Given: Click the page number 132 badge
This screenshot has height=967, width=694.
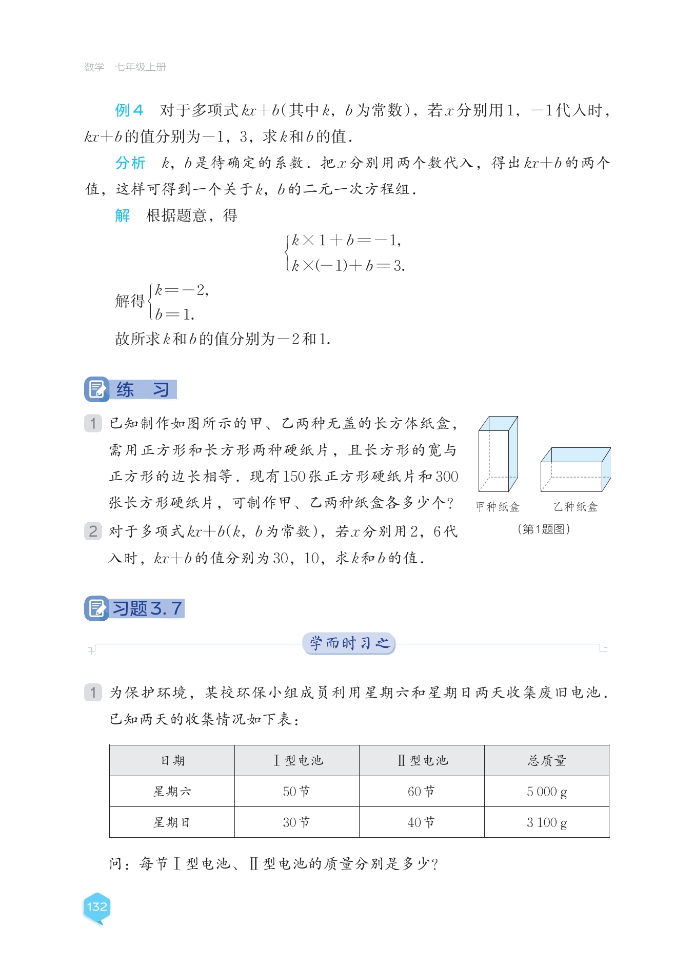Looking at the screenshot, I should [97, 907].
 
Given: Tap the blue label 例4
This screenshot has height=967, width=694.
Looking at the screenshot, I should [129, 110].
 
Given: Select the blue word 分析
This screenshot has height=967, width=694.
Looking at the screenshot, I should [130, 163].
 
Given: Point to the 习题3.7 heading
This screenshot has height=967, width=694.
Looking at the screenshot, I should [147, 608].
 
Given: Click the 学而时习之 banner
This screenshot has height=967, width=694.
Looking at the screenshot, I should [349, 643].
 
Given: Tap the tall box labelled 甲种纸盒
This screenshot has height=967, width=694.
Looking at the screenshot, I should [498, 454].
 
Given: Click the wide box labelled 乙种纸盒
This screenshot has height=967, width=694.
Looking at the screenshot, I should [575, 470].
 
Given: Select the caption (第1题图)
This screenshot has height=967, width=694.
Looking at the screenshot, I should [544, 529].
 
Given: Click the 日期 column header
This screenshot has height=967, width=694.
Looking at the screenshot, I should [172, 760].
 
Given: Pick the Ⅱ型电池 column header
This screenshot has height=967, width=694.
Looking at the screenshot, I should [422, 760].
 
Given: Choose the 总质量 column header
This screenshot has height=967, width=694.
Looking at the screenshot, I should [547, 760].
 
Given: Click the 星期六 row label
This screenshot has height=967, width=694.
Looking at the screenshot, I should [172, 792].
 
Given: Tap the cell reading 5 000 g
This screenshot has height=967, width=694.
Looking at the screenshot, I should [547, 792].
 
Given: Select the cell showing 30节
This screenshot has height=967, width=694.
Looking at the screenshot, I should [296, 822].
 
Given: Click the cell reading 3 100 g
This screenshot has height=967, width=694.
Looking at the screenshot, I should [547, 822].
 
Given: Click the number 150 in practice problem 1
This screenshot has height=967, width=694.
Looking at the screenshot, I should [294, 477].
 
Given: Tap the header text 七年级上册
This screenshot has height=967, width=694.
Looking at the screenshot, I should [141, 67].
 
